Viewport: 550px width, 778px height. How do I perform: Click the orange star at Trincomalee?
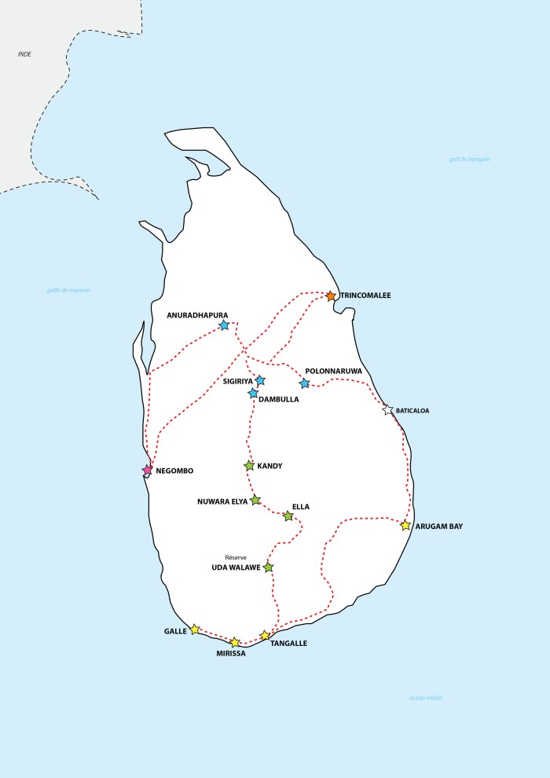(x=331, y=296)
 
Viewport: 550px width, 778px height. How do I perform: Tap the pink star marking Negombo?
(x=147, y=470)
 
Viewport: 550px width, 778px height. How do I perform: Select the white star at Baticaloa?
(x=387, y=410)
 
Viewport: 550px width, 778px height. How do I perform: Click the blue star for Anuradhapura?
(x=224, y=325)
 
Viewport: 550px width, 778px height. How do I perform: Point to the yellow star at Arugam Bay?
(x=405, y=526)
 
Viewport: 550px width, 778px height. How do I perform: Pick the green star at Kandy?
(x=249, y=466)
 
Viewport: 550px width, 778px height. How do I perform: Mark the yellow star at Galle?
(x=195, y=629)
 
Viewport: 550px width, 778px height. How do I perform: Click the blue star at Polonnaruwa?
(x=305, y=383)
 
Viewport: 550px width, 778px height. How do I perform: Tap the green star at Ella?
(x=288, y=516)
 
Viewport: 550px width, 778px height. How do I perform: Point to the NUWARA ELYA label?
(x=222, y=501)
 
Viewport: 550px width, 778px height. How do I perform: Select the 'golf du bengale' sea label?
(x=469, y=160)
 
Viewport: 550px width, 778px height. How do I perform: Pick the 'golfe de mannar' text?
(x=69, y=290)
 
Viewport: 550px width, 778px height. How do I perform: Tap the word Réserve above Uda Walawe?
(x=236, y=557)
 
